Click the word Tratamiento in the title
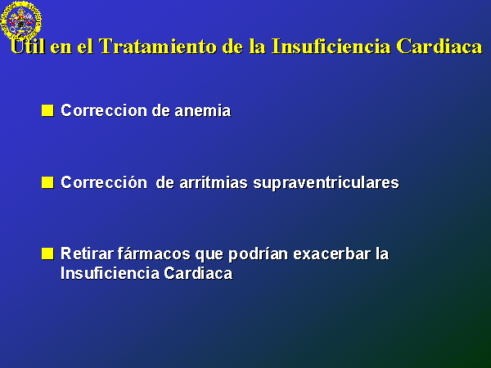click(158, 47)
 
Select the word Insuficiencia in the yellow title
click(331, 47)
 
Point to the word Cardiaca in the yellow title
click(439, 47)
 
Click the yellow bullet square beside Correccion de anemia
click(47, 110)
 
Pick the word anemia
click(203, 110)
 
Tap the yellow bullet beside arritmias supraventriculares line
click(47, 182)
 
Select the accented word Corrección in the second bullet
click(104, 182)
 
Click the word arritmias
click(214, 182)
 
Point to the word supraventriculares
click(326, 183)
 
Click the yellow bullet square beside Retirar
click(47, 254)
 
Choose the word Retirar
click(87, 254)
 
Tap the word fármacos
click(154, 254)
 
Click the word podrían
click(259, 254)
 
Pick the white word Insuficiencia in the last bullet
click(110, 273)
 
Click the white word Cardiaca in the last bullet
click(198, 273)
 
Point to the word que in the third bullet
click(209, 254)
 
